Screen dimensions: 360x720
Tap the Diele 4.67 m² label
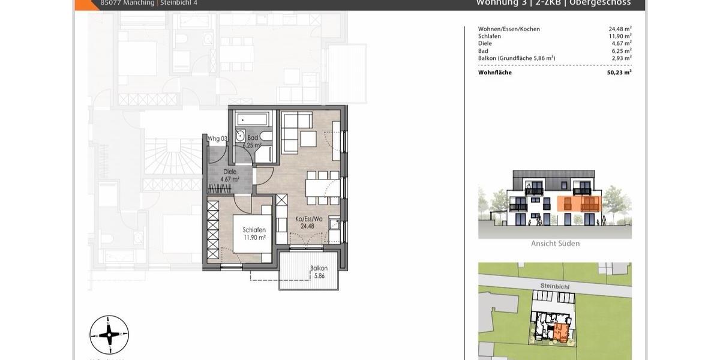(229, 175)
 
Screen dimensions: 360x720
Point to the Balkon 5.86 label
(318, 272)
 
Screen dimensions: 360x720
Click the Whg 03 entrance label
(217, 139)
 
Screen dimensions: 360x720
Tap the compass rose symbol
(109, 335)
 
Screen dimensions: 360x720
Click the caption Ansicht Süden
(555, 244)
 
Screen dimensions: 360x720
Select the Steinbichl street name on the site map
(554, 287)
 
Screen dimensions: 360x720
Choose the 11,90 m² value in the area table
(620, 36)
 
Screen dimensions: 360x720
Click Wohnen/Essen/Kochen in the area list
(509, 29)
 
